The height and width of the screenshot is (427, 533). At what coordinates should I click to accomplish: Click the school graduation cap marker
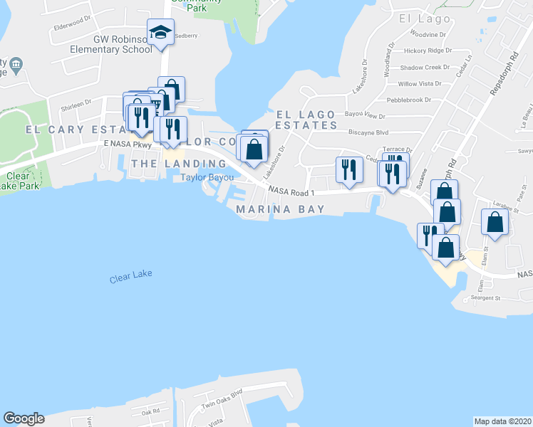point(161,33)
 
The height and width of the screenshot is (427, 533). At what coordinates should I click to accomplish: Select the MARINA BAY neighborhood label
point(281,209)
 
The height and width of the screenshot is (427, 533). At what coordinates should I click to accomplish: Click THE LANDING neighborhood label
point(179,164)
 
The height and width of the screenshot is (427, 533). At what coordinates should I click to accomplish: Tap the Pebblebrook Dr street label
point(409,100)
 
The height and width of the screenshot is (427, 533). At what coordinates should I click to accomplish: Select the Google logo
point(24,418)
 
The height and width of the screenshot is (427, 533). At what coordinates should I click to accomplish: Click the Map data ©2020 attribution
point(502,421)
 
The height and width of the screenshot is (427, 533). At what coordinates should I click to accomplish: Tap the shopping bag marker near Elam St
point(495,221)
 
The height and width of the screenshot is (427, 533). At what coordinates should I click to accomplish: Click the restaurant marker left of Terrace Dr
point(349,170)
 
